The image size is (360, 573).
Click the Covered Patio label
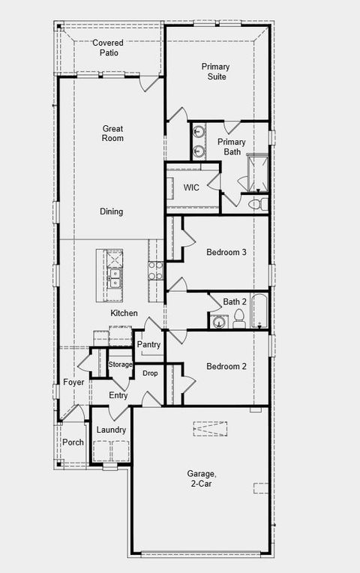tap(108, 48)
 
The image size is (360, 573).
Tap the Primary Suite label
tap(215, 71)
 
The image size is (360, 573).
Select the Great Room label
tap(112, 133)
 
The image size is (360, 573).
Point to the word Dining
tap(112, 211)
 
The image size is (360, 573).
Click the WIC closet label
tap(191, 187)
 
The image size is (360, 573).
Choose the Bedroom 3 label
tap(226, 252)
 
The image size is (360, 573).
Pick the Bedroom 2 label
tap(226, 366)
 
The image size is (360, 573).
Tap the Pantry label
tap(149, 344)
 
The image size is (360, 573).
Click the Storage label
tap(120, 364)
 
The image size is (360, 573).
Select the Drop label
tap(150, 373)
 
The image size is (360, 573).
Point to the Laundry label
tap(111, 430)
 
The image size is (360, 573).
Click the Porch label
tap(73, 442)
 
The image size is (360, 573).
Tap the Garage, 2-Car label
tap(202, 478)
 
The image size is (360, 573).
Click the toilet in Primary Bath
tap(255, 203)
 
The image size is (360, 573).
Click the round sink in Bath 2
tap(219, 322)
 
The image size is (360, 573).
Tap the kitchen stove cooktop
tap(156, 270)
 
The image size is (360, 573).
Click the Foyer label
tap(73, 382)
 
